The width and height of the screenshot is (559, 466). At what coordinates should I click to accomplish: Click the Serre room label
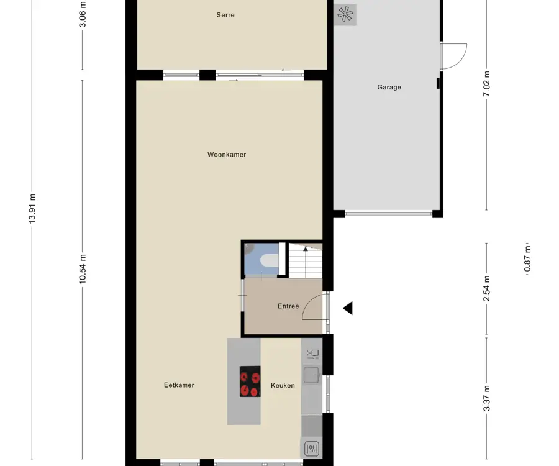[x=225, y=15]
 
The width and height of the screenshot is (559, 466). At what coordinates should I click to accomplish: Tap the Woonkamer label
[x=227, y=155]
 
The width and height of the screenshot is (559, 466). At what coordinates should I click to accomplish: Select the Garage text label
[x=389, y=88]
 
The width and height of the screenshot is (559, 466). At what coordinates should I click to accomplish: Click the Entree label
[x=288, y=306]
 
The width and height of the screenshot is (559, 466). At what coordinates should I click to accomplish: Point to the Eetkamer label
[x=179, y=385]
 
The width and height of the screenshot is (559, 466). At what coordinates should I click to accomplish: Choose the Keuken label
[x=283, y=385]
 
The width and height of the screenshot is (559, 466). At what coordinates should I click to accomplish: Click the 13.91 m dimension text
[x=32, y=209]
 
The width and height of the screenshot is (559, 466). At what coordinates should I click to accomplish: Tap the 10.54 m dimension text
[x=83, y=269]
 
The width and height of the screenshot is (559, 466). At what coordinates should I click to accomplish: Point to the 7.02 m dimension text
[x=486, y=84]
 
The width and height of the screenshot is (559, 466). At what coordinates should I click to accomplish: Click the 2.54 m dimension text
[x=486, y=288]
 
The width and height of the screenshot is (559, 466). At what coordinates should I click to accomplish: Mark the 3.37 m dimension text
[x=486, y=398]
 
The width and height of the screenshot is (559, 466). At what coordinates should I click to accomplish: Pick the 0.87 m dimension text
[x=527, y=258]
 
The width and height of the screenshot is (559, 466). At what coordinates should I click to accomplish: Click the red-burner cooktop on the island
[x=250, y=381]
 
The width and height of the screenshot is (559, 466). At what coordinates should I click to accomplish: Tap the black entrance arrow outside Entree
[x=348, y=308]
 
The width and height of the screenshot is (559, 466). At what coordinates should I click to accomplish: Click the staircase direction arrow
[x=306, y=262]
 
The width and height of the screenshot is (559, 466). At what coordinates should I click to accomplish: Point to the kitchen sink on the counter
[x=311, y=375]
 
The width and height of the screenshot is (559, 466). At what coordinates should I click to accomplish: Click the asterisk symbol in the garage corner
[x=345, y=15]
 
